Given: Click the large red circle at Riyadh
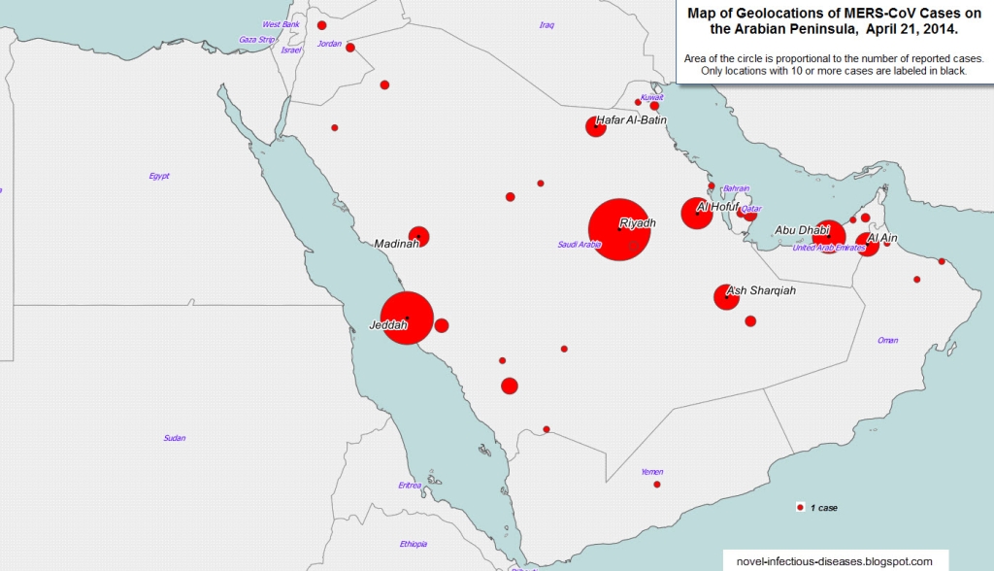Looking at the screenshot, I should click(x=618, y=230).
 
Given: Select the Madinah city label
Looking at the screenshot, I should click(x=397, y=244).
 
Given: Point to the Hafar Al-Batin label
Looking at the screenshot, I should click(x=632, y=120).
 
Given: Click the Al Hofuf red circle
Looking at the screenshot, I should click(x=697, y=213).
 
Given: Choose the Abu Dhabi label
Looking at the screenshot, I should click(x=802, y=230).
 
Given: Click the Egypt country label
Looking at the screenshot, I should click(x=159, y=176).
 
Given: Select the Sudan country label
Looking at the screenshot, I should click(x=175, y=438).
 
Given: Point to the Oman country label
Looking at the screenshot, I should click(x=887, y=341).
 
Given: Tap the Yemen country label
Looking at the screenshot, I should click(x=652, y=472).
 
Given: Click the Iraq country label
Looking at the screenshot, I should click(x=547, y=24).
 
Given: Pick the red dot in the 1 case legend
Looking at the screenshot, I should click(x=800, y=508).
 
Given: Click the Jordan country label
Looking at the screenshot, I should click(x=330, y=44).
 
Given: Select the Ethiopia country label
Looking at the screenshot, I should click(x=414, y=544).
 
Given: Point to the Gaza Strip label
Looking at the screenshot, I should click(x=257, y=40).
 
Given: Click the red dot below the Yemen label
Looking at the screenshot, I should click(x=657, y=485).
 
